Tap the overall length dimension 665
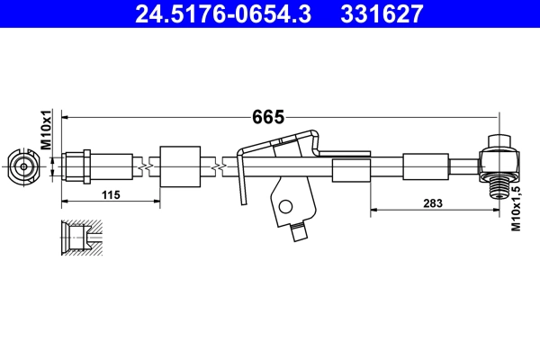[x=268, y=117]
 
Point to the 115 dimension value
[x=111, y=195]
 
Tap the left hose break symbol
[x=143, y=166]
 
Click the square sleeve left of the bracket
[x=178, y=166]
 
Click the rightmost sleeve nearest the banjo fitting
[x=424, y=166]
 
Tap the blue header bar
[x=270, y=14]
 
